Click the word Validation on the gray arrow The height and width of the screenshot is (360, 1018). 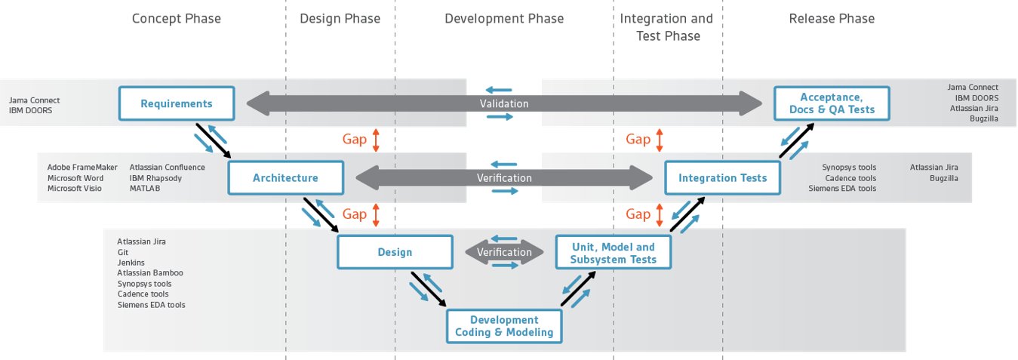click(504, 103)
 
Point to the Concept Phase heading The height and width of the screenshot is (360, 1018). click(177, 19)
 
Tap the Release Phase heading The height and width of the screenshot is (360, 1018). click(832, 19)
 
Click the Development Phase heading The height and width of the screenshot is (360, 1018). click(504, 19)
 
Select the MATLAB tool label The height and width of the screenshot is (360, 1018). click(145, 188)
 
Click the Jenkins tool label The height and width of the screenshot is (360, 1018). click(131, 263)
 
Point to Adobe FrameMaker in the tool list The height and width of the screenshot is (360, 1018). click(82, 168)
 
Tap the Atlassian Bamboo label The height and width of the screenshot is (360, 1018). click(150, 272)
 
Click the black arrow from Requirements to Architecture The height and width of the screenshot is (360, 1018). click(214, 141)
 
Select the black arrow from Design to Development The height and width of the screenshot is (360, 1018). click(429, 290)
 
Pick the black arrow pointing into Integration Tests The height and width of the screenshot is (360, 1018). click(687, 214)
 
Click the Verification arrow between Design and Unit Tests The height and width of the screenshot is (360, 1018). click(504, 252)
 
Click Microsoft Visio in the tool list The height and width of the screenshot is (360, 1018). click(75, 188)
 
